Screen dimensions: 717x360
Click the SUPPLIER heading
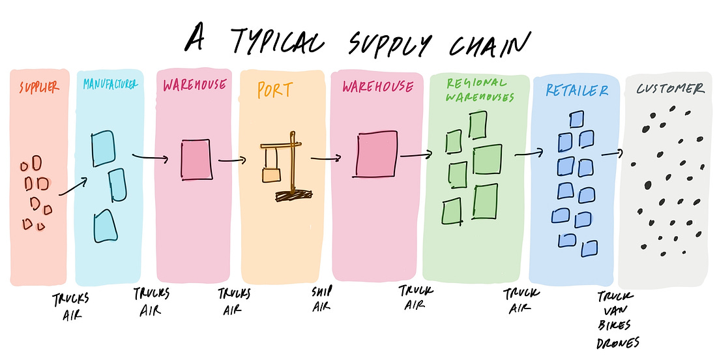[x=39, y=87]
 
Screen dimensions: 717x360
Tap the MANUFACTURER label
[x=110, y=83]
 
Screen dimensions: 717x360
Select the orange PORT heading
[x=274, y=89]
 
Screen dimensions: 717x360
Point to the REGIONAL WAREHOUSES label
[x=480, y=89]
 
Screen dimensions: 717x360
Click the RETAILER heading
[x=577, y=90]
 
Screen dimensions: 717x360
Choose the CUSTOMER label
[x=670, y=88]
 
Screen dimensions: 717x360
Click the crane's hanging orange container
[x=271, y=175]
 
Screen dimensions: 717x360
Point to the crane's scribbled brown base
[x=293, y=195]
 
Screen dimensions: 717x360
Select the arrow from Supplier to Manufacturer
[x=73, y=187]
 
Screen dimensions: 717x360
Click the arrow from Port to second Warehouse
[x=326, y=158]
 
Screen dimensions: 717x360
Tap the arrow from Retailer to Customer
[x=612, y=153]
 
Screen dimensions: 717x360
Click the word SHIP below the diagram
[x=322, y=291]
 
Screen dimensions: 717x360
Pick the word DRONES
[x=618, y=342]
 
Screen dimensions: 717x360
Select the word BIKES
[x=614, y=325]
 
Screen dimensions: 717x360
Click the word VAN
[x=615, y=311]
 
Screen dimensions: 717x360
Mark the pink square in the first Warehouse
[x=197, y=159]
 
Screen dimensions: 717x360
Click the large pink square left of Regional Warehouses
[x=377, y=154]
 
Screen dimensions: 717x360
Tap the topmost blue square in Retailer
[x=577, y=119]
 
